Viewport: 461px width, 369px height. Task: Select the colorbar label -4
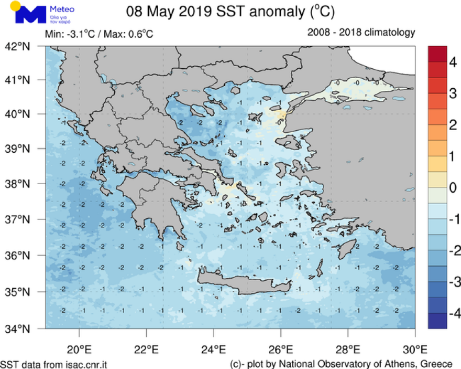440,314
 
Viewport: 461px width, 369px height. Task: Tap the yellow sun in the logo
16,6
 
